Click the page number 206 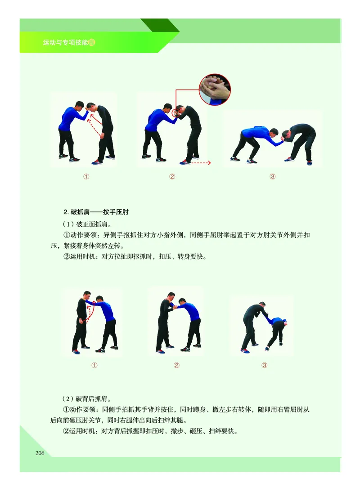40,453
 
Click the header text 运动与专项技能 65,43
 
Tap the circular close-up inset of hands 215,90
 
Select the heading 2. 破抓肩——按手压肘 96,212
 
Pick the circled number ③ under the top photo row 272,177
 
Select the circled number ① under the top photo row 86,177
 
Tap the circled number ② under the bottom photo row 176,365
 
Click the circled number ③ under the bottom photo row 265,365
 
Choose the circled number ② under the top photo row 172,177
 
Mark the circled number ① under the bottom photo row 94,365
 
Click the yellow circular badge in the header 93,43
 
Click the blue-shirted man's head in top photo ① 79,106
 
